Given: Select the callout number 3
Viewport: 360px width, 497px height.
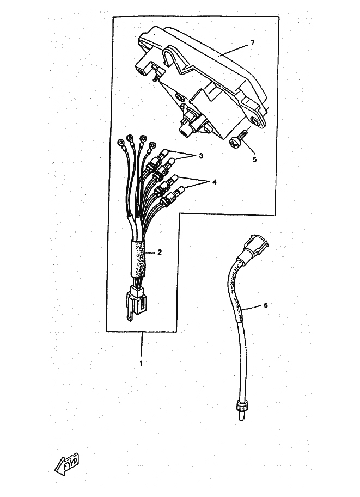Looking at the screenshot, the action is click(x=200, y=156).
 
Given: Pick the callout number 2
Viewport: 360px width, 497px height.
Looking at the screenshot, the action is click(x=159, y=252).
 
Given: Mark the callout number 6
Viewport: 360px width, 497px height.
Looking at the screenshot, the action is click(x=265, y=305).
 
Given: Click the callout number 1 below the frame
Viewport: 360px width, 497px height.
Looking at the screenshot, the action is click(x=141, y=363).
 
